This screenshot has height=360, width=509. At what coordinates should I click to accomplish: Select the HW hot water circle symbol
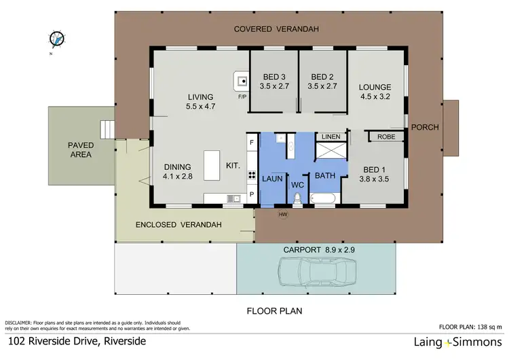pyautogui.click(x=283, y=215)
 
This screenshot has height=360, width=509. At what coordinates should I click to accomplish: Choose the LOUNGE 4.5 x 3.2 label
pyautogui.click(x=375, y=91)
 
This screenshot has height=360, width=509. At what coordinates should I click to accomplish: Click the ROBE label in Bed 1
pyautogui.click(x=386, y=137)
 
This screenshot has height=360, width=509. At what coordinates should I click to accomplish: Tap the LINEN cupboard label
pyautogui.click(x=331, y=137)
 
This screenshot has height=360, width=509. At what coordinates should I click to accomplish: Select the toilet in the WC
pyautogui.click(x=297, y=198)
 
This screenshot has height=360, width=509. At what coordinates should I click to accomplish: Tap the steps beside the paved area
pyautogui.click(x=106, y=129)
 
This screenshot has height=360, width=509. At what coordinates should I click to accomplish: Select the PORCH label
pyautogui.click(x=426, y=127)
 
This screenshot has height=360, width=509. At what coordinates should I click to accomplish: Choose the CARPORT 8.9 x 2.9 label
pyautogui.click(x=316, y=249)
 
